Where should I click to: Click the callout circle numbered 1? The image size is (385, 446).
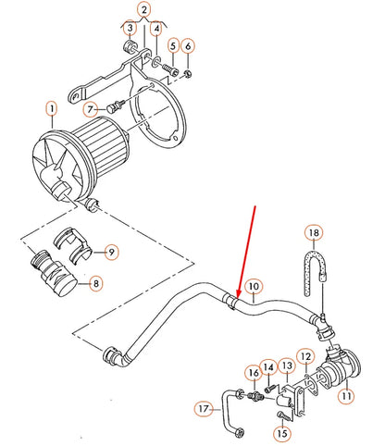click(x=52, y=117)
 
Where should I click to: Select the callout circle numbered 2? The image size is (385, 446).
click(x=143, y=11)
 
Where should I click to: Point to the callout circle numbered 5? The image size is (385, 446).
click(x=172, y=44)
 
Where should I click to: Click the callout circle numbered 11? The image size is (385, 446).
click(x=346, y=396)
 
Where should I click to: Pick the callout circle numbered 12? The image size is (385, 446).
click(x=304, y=355)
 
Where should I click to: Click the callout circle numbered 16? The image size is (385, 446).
click(x=251, y=373)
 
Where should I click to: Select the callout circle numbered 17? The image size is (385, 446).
click(x=204, y=406)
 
